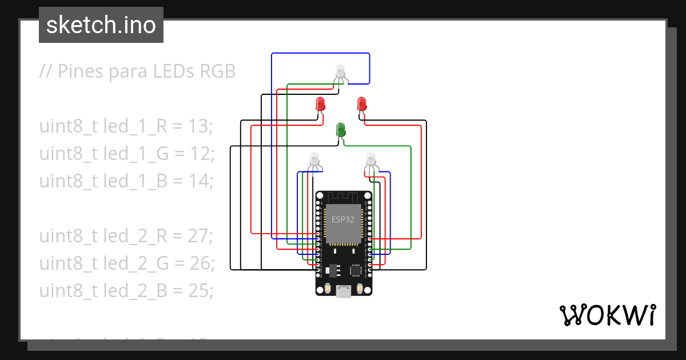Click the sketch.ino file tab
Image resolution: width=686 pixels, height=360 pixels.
point(101,25)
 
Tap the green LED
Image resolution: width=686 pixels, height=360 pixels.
point(341,130)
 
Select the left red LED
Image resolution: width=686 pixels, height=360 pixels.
point(320,104)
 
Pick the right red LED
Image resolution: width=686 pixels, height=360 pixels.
point(361,104)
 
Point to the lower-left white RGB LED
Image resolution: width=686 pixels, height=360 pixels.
point(314,158)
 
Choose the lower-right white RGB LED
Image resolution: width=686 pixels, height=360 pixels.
point(371,158)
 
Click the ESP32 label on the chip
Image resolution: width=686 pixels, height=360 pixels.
point(343,219)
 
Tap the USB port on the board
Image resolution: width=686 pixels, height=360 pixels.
point(344,291)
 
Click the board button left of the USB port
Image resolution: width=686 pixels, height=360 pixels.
point(327,289)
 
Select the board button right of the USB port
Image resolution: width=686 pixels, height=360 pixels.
point(360,289)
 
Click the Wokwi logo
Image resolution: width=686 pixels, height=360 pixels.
point(607,315)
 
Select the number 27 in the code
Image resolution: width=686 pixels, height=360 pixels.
point(199,236)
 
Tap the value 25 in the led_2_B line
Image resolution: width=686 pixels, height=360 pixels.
point(198,291)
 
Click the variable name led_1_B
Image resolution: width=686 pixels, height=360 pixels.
point(135,181)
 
